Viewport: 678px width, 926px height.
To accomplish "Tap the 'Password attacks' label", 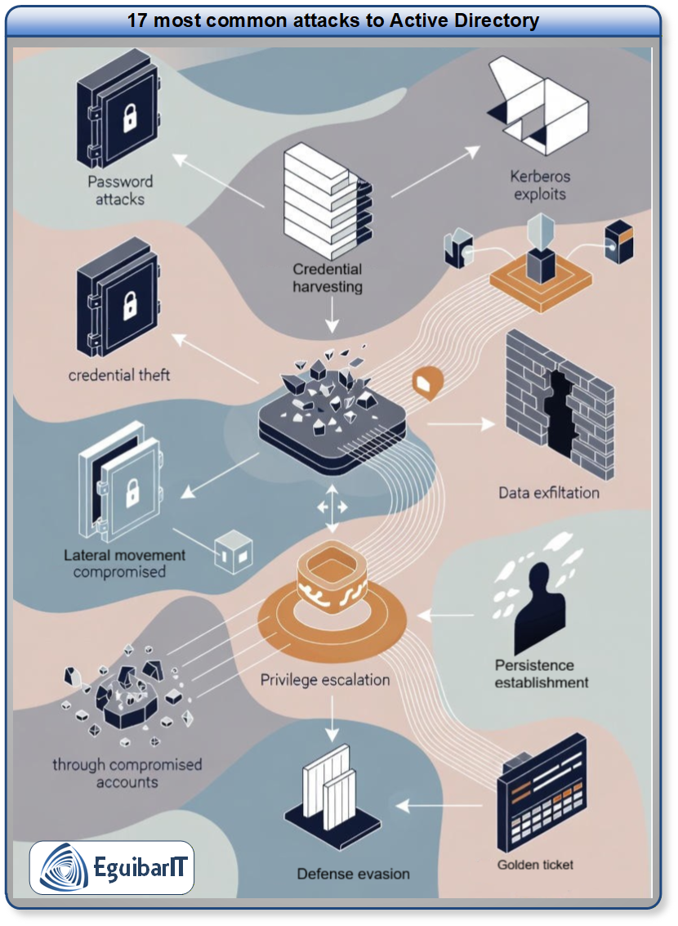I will point(121,190).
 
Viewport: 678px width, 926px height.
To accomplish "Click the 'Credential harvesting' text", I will point(328,278).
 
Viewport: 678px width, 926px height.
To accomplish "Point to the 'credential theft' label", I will point(119,375).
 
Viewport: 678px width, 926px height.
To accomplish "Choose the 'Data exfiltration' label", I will point(549,493).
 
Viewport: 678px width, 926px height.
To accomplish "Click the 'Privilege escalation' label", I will point(324,679).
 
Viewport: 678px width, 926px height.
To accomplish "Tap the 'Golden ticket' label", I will point(536,864).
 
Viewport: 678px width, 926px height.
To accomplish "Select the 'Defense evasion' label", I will point(353,874).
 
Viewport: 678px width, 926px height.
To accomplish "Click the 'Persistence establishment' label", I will point(541,673).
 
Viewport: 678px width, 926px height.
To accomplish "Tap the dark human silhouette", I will point(539,606).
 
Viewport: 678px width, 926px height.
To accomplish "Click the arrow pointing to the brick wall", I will point(462,423).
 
